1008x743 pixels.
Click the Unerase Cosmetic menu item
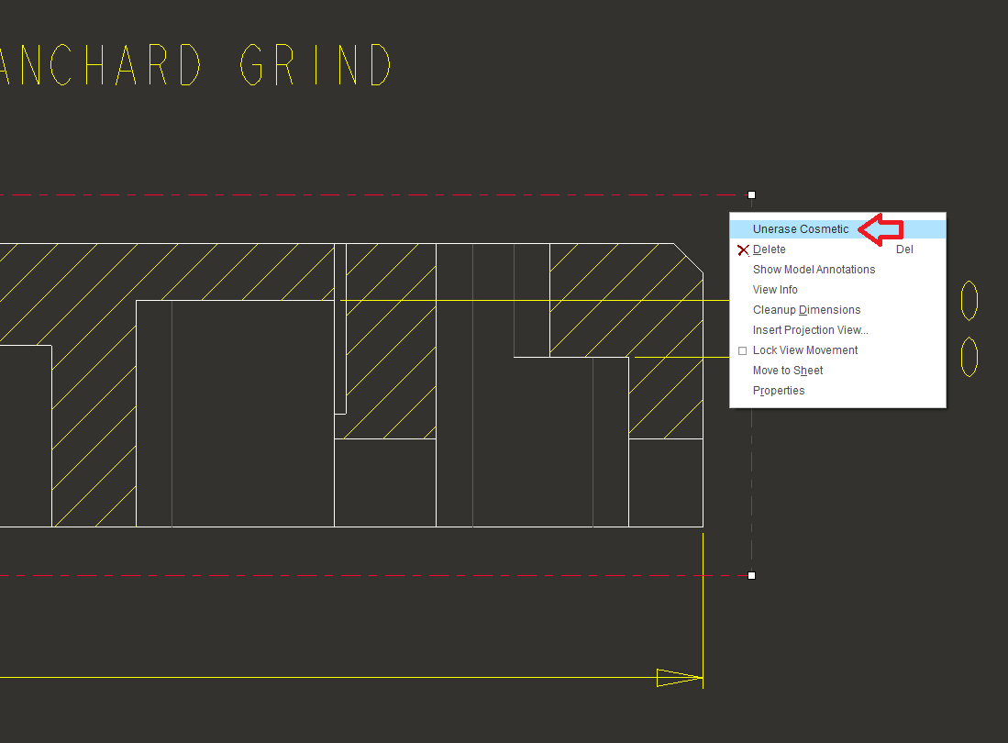pyautogui.click(x=801, y=228)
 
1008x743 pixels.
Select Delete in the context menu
pyautogui.click(x=769, y=250)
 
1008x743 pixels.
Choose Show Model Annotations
pyautogui.click(x=814, y=270)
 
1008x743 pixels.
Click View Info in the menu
pyautogui.click(x=775, y=290)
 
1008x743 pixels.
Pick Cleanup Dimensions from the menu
pyautogui.click(x=807, y=310)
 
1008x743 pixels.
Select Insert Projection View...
pyautogui.click(x=811, y=329)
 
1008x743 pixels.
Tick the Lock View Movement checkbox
pyautogui.click(x=743, y=351)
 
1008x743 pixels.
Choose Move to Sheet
pyautogui.click(x=788, y=371)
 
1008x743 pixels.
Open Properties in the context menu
pyautogui.click(x=779, y=391)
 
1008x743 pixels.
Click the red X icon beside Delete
pyautogui.click(x=743, y=250)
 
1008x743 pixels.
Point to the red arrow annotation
pyautogui.click(x=881, y=229)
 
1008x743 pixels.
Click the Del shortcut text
pyautogui.click(x=904, y=250)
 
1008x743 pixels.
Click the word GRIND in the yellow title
pyautogui.click(x=315, y=64)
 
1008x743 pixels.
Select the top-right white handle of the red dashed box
pyautogui.click(x=751, y=194)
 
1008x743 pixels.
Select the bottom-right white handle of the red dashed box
pyautogui.click(x=751, y=575)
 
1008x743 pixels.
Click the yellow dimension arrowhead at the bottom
pyautogui.click(x=680, y=678)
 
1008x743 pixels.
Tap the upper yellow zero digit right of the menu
pyautogui.click(x=969, y=300)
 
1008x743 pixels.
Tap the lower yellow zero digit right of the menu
pyautogui.click(x=969, y=357)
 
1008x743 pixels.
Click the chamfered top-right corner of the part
pyautogui.click(x=689, y=258)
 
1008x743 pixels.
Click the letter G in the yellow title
pyautogui.click(x=251, y=64)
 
